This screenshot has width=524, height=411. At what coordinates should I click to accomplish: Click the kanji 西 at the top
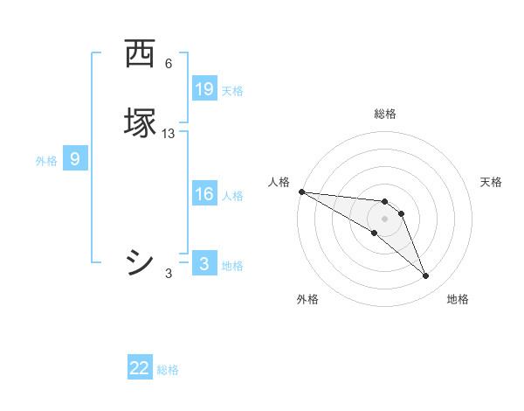[140, 54]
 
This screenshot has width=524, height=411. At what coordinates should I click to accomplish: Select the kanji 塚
[140, 122]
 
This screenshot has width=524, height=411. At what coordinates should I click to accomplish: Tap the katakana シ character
[140, 262]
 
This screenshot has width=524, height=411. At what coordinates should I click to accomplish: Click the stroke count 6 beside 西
[169, 64]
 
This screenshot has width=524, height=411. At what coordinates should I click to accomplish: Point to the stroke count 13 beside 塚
[169, 134]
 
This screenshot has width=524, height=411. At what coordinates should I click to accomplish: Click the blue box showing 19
[204, 89]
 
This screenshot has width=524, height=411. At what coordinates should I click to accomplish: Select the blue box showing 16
[204, 194]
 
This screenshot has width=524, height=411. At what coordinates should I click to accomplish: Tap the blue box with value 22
[140, 368]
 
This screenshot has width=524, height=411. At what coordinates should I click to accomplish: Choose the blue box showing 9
[75, 159]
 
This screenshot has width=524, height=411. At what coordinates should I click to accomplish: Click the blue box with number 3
[204, 264]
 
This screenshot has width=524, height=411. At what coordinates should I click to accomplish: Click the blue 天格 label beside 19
[232, 91]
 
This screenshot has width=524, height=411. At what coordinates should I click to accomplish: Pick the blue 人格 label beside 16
[232, 196]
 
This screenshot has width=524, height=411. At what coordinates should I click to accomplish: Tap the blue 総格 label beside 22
[168, 370]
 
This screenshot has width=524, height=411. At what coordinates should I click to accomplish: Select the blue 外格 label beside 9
[46, 161]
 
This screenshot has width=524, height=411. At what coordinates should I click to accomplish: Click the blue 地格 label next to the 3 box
[232, 266]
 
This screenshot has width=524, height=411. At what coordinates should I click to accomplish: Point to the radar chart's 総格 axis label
[385, 114]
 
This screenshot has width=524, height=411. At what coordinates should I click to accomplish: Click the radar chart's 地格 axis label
[458, 299]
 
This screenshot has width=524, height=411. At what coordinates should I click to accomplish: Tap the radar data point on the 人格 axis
[301, 192]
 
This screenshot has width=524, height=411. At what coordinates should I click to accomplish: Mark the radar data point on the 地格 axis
[426, 276]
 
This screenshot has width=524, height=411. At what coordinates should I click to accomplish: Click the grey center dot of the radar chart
[385, 218]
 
